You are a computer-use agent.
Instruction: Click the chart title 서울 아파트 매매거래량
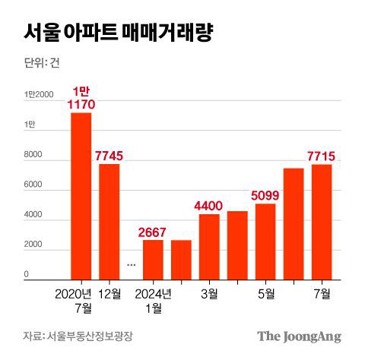(118, 33)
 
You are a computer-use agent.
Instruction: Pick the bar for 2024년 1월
(152, 260)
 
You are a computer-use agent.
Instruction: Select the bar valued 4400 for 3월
(209, 247)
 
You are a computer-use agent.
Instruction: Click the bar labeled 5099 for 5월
(265, 242)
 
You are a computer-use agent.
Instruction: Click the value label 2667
(153, 232)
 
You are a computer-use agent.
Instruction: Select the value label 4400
(209, 206)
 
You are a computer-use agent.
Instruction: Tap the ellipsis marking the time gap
(131, 264)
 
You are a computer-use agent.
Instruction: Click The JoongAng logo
(298, 336)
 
